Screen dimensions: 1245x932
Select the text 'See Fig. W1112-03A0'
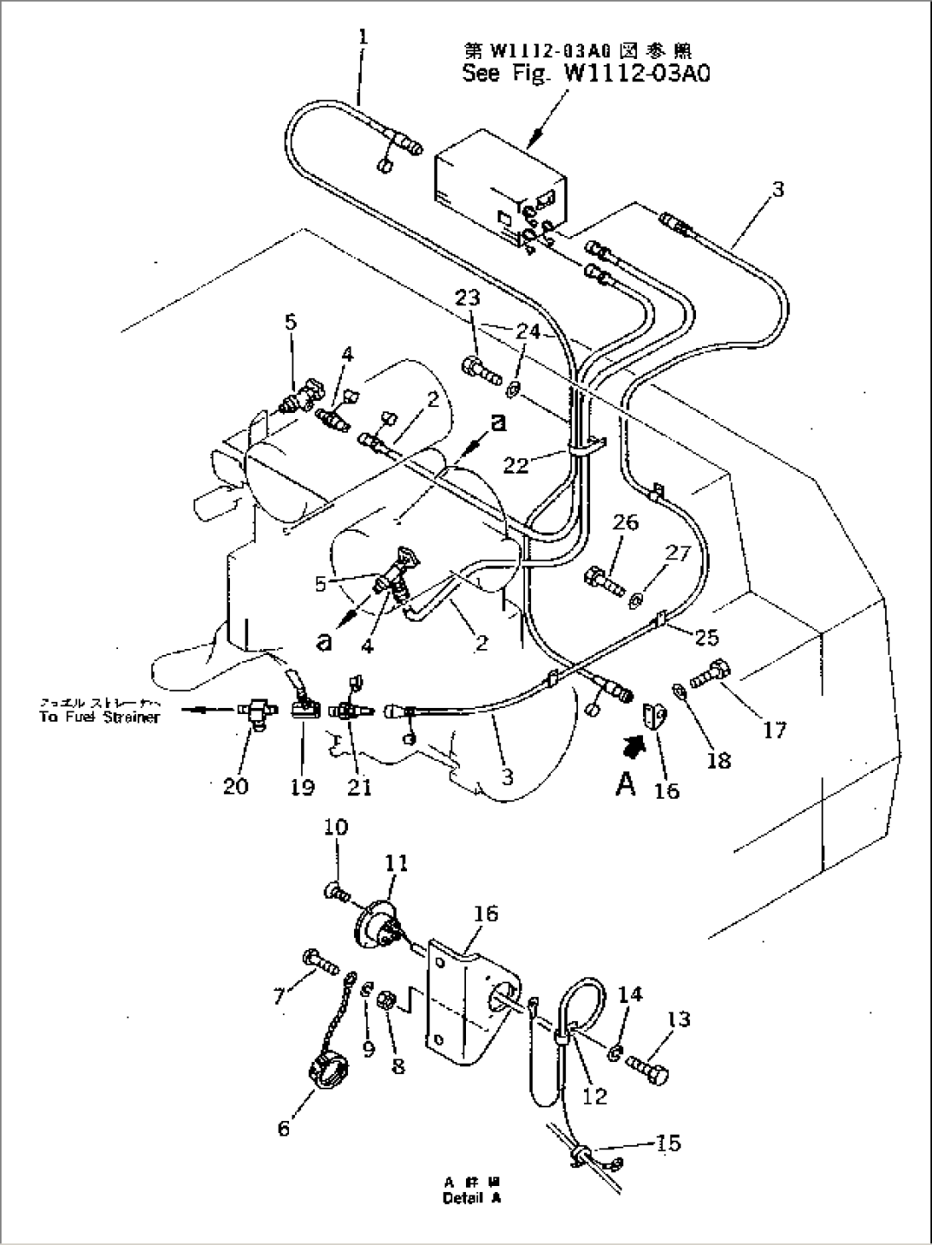click(586, 74)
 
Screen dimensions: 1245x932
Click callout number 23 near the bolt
click(468, 298)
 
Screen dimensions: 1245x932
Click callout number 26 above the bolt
click(625, 522)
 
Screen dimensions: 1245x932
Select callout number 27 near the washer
click(677, 553)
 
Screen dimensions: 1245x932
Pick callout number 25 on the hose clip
click(706, 637)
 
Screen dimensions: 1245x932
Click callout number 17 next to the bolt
click(775, 729)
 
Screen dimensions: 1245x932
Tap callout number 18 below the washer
click(720, 758)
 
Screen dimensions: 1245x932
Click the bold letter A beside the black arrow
click(626, 783)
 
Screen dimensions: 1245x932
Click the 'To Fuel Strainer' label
click(99, 717)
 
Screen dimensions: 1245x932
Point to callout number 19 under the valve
click(302, 788)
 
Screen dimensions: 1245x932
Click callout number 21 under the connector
click(359, 788)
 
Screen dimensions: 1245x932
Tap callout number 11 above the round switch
click(396, 865)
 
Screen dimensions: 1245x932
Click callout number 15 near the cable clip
click(669, 1142)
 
